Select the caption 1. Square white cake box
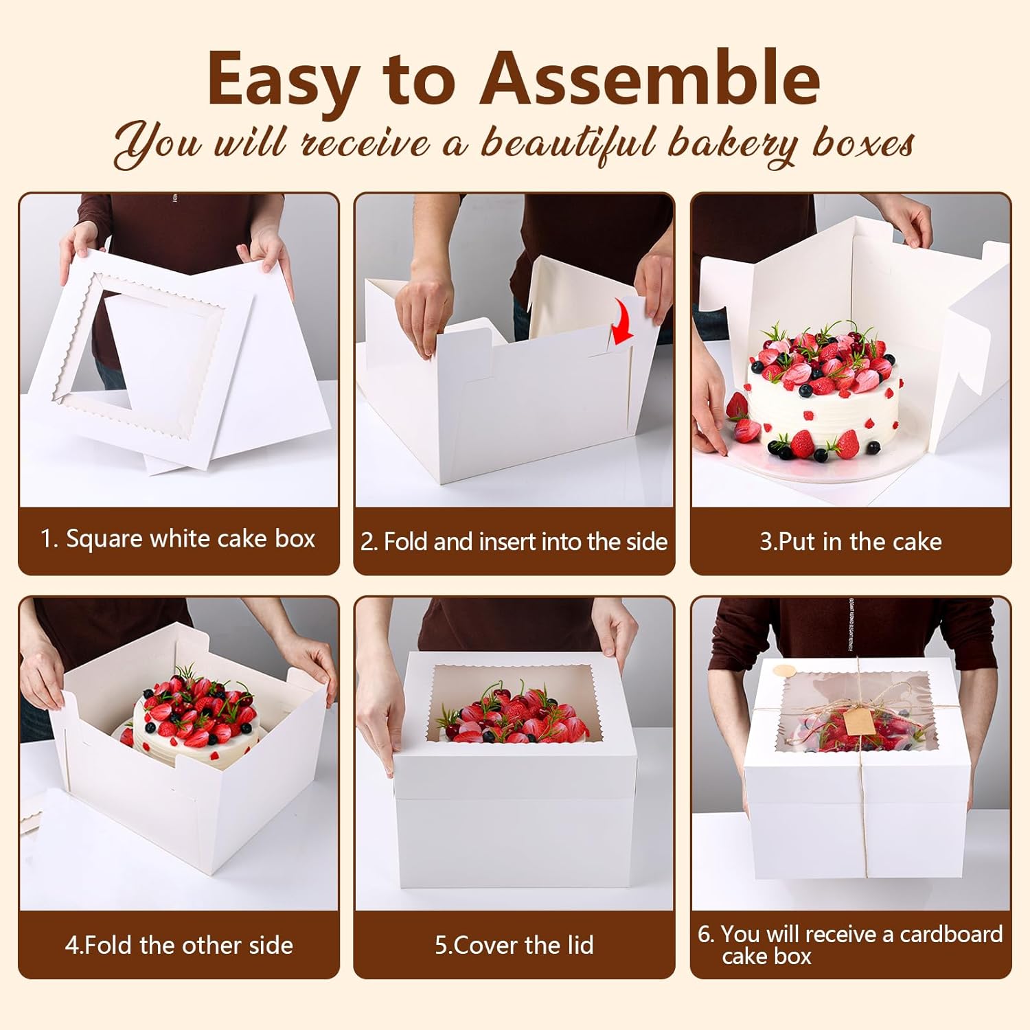tap(178, 539)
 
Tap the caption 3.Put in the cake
tap(850, 542)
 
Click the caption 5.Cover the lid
tap(514, 946)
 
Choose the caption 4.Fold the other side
tap(179, 946)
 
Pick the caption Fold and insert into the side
tap(525, 542)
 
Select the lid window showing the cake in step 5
tap(513, 704)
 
